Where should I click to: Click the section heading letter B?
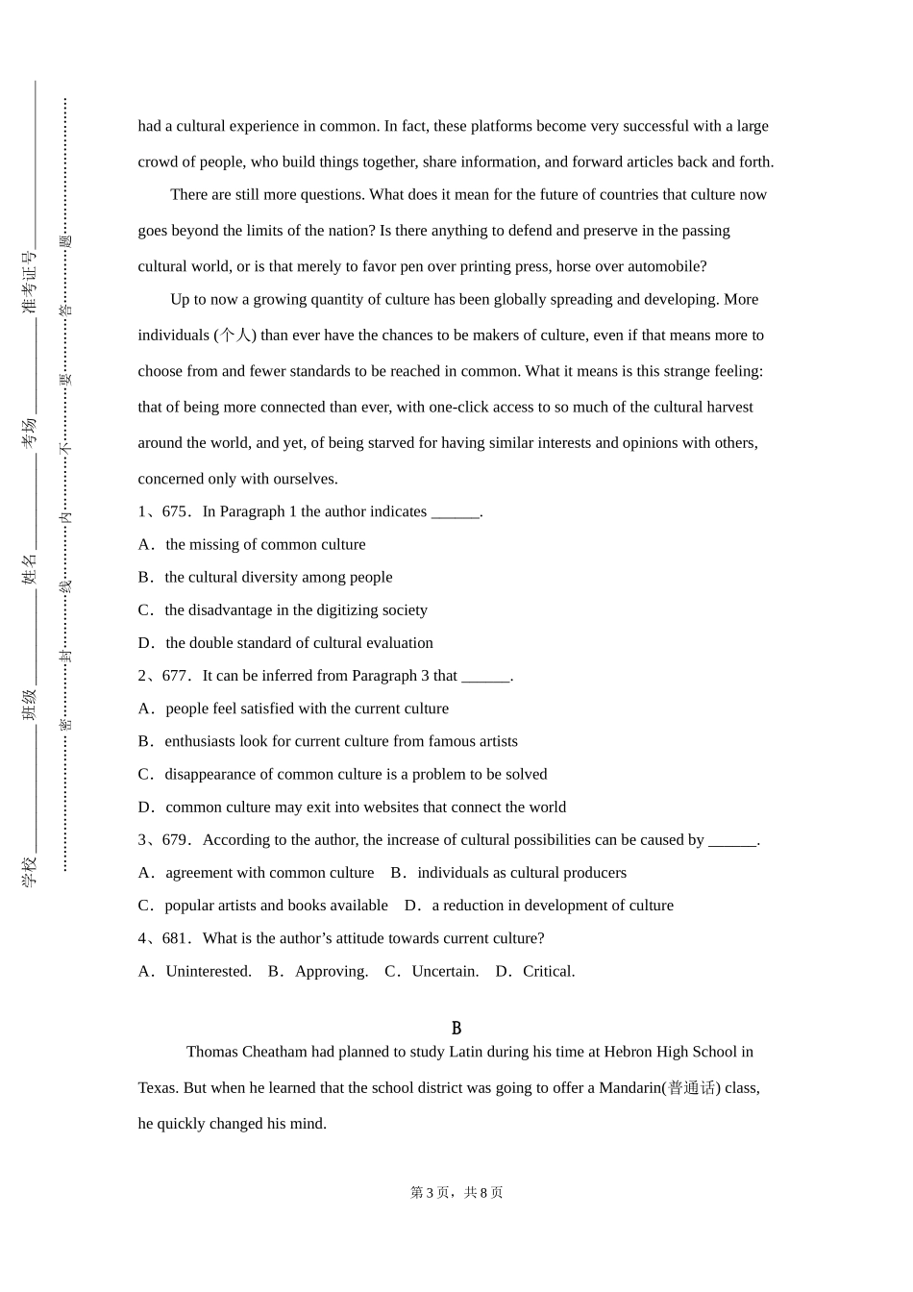(x=456, y=1028)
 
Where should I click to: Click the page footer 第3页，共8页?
(x=456, y=1192)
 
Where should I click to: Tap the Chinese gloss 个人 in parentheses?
(x=235, y=335)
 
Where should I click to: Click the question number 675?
(x=175, y=511)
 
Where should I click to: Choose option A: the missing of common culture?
(x=265, y=544)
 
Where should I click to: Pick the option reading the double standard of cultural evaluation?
(x=299, y=642)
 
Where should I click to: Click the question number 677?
(x=175, y=676)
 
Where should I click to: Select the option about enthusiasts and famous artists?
(x=340, y=741)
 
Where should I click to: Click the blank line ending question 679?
(x=732, y=840)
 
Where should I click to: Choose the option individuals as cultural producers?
(x=521, y=873)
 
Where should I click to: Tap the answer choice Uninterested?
(x=208, y=971)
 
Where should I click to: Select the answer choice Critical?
(x=548, y=971)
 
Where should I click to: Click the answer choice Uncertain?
(x=444, y=971)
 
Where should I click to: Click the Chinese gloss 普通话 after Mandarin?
(x=692, y=1088)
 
